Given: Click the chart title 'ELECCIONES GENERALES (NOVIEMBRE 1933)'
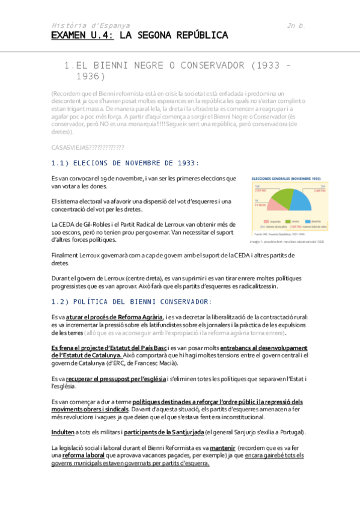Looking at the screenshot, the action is click(285, 179).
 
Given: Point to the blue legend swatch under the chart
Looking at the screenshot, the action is click(301, 220).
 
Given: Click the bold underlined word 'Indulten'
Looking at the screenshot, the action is click(63, 432).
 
